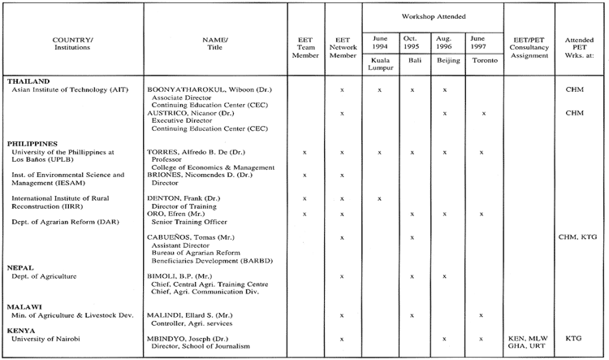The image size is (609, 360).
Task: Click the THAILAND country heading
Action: tap(28, 81)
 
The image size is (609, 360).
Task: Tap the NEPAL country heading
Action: tap(20, 267)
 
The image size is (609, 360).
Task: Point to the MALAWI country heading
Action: tap(24, 306)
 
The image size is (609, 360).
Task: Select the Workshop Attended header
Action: tap(433, 16)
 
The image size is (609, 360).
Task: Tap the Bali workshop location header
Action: tap(413, 59)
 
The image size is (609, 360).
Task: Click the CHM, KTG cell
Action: tap(578, 236)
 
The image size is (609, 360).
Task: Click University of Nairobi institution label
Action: tap(47, 338)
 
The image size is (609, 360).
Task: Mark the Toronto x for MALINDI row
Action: tap(482, 314)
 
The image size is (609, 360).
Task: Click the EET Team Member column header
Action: tap(304, 45)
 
